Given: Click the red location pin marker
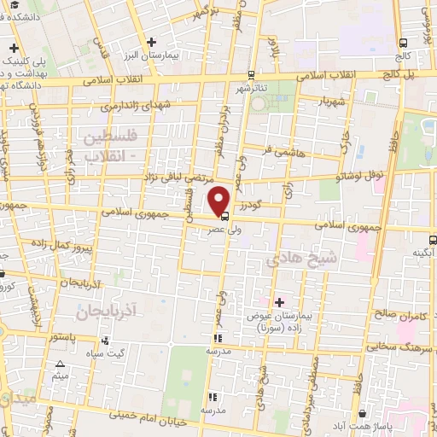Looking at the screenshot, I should tap(219, 201).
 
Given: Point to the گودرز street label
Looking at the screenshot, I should tap(248, 205).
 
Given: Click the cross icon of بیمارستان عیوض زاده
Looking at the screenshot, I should tap(279, 301).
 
